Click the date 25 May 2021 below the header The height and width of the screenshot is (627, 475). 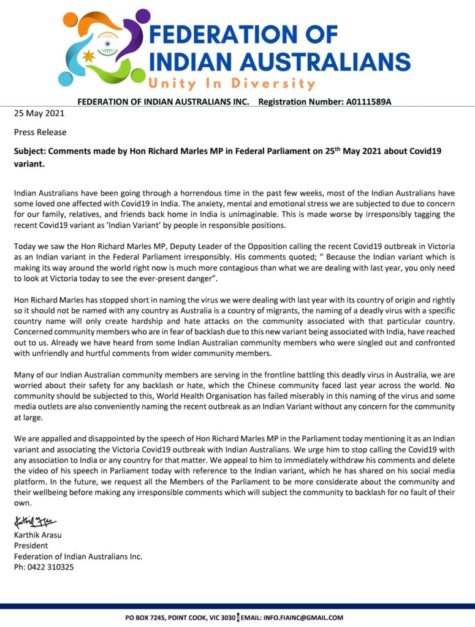pos(39,113)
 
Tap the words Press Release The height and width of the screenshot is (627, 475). pos(40,132)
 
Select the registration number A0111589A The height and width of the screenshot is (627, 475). pos(368,102)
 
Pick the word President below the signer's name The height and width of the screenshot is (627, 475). pos(31,546)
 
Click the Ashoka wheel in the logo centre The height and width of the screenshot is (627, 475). pos(107,45)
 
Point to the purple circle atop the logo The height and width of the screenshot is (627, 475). pos(142,17)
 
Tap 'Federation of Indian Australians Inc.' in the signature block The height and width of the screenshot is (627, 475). pos(78,557)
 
